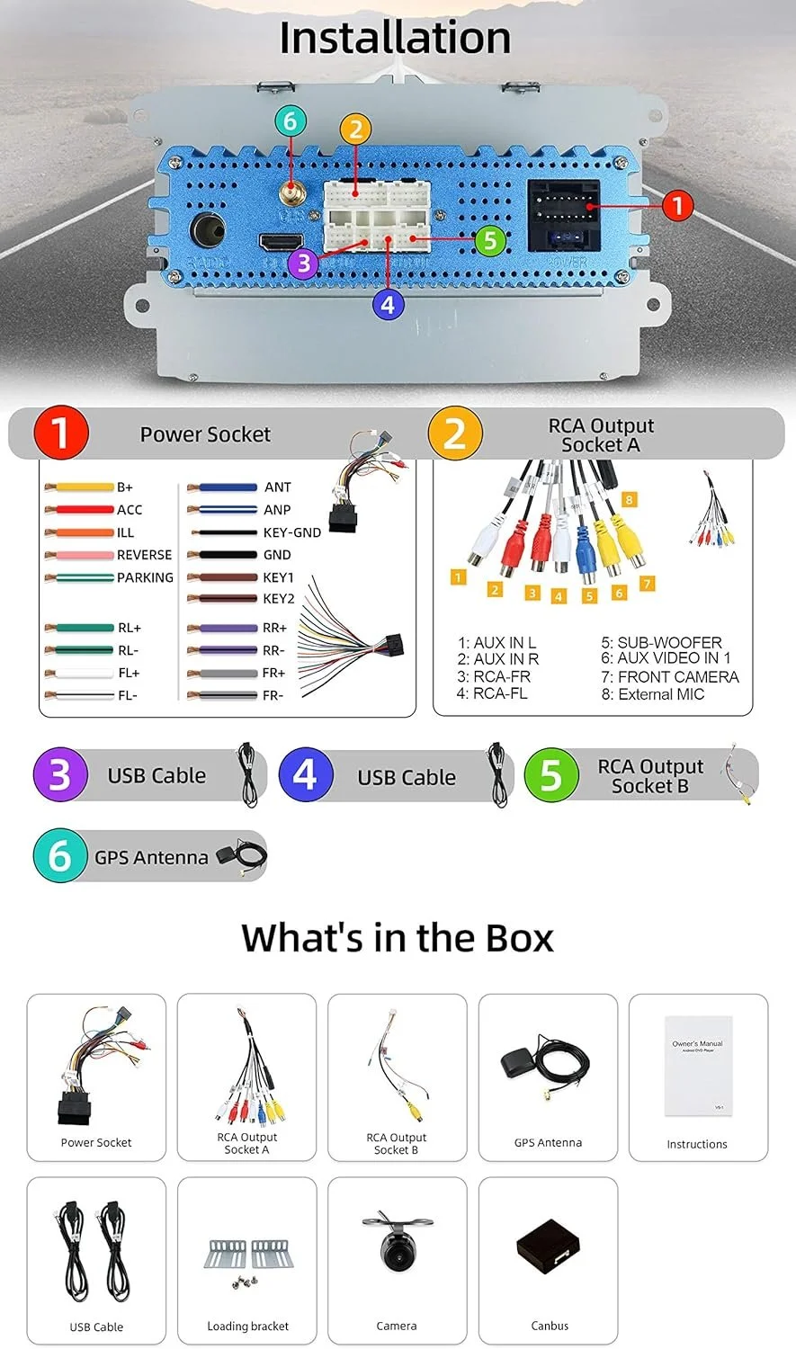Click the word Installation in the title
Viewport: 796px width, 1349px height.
pyautogui.click(x=395, y=38)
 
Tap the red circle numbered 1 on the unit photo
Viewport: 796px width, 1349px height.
pyautogui.click(x=677, y=206)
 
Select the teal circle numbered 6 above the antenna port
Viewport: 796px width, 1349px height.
pyautogui.click(x=290, y=121)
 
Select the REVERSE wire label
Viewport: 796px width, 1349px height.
pyautogui.click(x=144, y=555)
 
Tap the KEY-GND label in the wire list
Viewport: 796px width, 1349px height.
pyautogui.click(x=291, y=532)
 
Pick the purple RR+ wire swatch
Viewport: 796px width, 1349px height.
pyautogui.click(x=222, y=629)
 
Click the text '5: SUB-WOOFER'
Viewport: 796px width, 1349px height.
pyautogui.click(x=661, y=642)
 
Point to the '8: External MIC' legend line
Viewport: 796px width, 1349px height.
pyautogui.click(x=652, y=694)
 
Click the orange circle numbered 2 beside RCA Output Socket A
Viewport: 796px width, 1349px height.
pyautogui.click(x=455, y=433)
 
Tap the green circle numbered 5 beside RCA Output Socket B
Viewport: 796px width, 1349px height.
pyautogui.click(x=551, y=775)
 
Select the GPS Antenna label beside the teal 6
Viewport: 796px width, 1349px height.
pyautogui.click(x=151, y=858)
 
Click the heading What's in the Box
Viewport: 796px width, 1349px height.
pyautogui.click(x=397, y=937)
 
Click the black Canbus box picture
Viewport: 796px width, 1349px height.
pyautogui.click(x=549, y=1248)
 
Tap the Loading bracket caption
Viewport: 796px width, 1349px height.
pyautogui.click(x=247, y=1326)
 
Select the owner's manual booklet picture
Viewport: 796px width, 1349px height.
pyautogui.click(x=698, y=1066)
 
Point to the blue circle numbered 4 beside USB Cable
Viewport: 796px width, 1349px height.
pyautogui.click(x=306, y=775)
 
